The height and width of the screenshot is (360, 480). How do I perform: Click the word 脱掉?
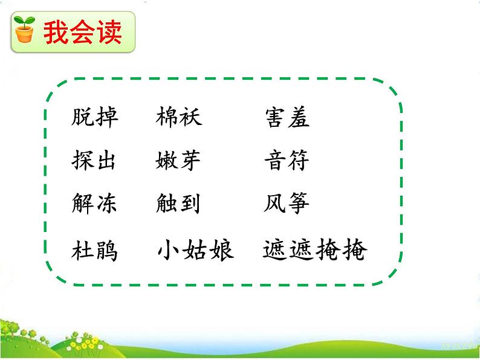(x=94, y=118)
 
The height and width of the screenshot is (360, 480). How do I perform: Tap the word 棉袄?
(x=178, y=117)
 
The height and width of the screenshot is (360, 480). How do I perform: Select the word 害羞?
(x=287, y=118)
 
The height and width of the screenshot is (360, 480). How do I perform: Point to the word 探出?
(x=94, y=161)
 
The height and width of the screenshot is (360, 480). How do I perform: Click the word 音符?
(x=287, y=161)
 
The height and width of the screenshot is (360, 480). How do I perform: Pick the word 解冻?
(x=94, y=204)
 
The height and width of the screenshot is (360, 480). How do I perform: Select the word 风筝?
(x=287, y=204)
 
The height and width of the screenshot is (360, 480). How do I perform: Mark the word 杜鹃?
(x=94, y=250)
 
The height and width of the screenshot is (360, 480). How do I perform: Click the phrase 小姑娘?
(x=195, y=249)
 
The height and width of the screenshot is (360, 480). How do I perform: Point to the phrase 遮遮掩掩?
(x=315, y=249)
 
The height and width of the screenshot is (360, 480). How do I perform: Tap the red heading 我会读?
(x=82, y=32)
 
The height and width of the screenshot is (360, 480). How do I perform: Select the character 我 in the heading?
(x=55, y=32)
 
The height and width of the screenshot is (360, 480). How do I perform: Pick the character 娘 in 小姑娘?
(x=221, y=249)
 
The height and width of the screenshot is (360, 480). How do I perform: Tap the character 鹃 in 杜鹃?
(x=106, y=250)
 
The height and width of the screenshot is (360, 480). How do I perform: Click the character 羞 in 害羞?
(x=299, y=118)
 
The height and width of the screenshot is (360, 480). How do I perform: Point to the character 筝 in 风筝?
(x=299, y=204)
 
